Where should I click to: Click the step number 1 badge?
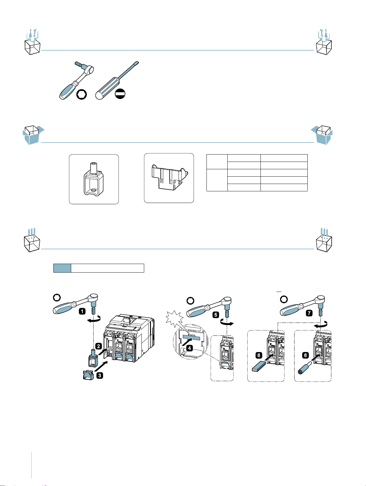[82, 312]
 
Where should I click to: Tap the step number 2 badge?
[98, 346]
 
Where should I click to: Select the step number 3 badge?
[100, 375]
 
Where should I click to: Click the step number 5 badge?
[216, 315]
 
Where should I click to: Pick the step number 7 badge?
[309, 313]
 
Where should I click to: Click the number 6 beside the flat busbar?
[259, 355]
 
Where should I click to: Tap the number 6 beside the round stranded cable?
[305, 355]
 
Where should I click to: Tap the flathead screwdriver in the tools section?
[117, 80]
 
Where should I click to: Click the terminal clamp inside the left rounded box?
[94, 179]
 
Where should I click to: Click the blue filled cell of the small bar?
[62, 268]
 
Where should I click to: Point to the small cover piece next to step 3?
[88, 375]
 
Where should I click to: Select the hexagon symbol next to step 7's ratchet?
[284, 299]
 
